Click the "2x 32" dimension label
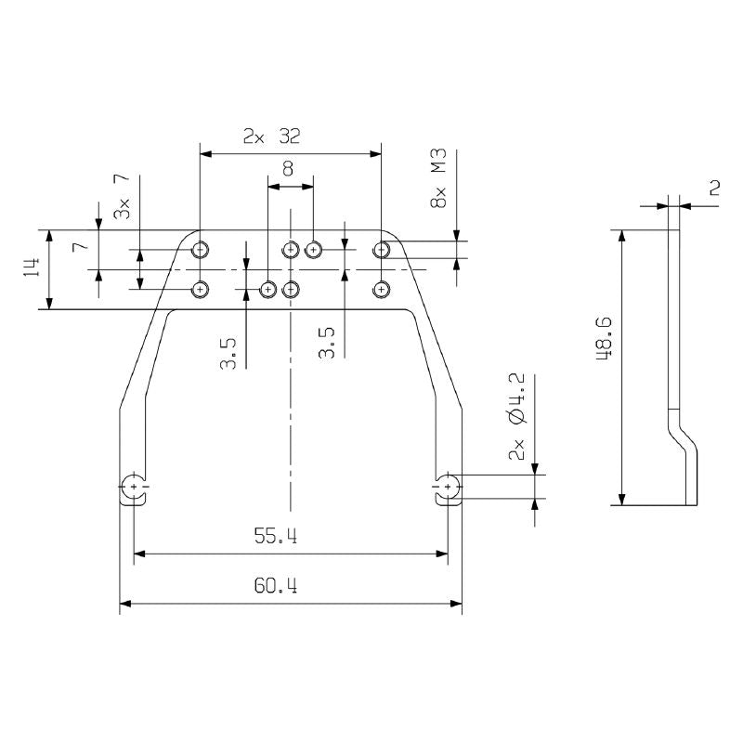pos(271,137)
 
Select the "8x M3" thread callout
pos(439,176)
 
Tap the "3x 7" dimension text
pos(121,197)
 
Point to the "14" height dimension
pos(32,269)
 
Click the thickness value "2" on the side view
pos(714,188)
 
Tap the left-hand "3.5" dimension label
pos(229,352)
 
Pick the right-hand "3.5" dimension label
pos(326,341)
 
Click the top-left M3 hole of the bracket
pos(200,249)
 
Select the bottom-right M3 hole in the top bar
pos(381,290)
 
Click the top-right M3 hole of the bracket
pos(381,249)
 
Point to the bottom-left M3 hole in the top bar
pos(200,290)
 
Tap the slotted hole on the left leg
pos(135,487)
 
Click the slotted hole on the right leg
pos(449,487)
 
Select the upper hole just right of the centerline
pos(314,249)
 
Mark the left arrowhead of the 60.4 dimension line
pos(124,604)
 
